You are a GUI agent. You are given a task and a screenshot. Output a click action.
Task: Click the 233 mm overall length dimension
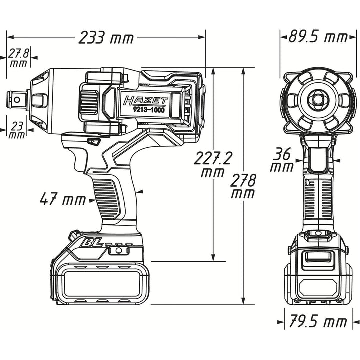click(x=106, y=37)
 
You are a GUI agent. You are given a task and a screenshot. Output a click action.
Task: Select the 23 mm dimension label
click(x=18, y=130)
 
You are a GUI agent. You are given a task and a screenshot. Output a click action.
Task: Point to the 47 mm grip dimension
click(x=63, y=200)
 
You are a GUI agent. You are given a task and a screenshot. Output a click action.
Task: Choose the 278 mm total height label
click(x=243, y=186)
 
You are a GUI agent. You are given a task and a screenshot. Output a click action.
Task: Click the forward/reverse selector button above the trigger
click(x=92, y=142)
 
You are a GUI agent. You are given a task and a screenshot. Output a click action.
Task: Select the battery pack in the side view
click(x=100, y=282)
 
